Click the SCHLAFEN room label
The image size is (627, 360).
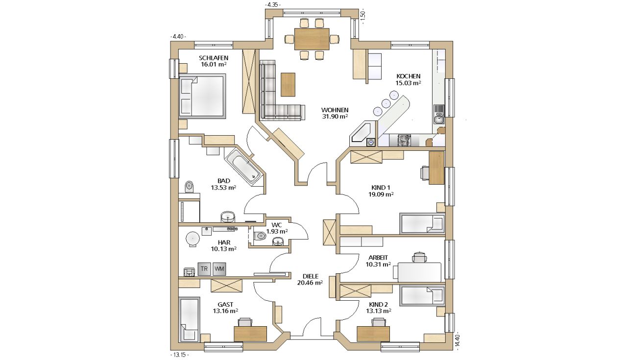click(x=214, y=58)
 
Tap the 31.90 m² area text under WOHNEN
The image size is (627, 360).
click(x=335, y=117)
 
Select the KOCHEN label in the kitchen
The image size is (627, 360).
click(x=409, y=76)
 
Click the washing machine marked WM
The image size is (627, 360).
click(x=219, y=269)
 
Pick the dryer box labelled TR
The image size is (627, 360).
click(x=204, y=269)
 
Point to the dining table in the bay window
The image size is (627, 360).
click(x=312, y=39)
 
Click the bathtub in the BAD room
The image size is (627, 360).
click(x=243, y=167)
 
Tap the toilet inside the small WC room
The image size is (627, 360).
click(x=260, y=236)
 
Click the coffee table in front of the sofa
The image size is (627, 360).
click(x=288, y=84)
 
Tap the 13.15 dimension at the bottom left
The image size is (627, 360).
click(x=179, y=355)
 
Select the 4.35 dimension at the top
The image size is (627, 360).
click(x=273, y=5)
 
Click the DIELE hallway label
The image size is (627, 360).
click(x=311, y=276)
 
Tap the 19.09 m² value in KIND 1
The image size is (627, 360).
click(x=381, y=194)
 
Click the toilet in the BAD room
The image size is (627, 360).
click(x=190, y=187)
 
